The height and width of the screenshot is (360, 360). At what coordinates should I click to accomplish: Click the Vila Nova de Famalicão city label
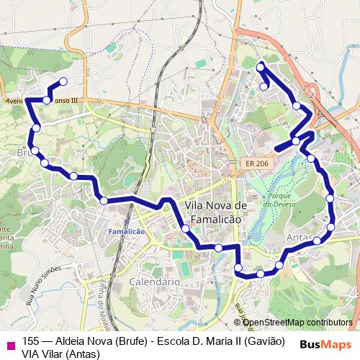coord(216,211)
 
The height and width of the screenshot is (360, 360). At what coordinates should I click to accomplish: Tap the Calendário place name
coord(154,282)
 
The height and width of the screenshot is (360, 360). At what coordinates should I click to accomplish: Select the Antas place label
coord(298,238)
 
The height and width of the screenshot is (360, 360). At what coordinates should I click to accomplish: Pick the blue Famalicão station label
coord(126,231)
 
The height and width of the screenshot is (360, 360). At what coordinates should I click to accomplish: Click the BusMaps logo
coord(324,343)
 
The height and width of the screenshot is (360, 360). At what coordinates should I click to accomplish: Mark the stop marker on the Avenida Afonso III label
coord(47,100)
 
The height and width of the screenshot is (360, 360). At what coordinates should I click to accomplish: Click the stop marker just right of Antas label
coord(317,240)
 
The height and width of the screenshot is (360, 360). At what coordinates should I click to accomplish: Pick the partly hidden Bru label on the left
coord(23,153)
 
